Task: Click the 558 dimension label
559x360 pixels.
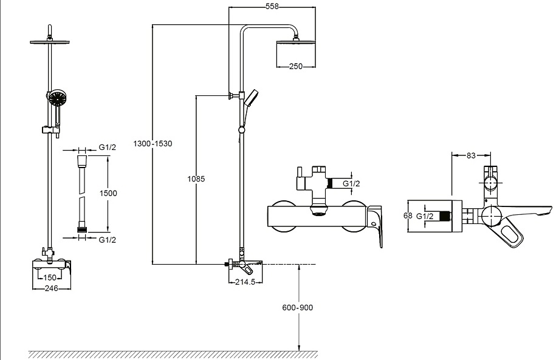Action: pyautogui.click(x=272, y=7)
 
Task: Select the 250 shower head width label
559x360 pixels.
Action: pyautogui.click(x=296, y=66)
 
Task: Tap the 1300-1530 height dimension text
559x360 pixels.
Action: pyautogui.click(x=153, y=143)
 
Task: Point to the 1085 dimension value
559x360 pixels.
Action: pyautogui.click(x=196, y=178)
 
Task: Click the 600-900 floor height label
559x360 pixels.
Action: pyautogui.click(x=298, y=308)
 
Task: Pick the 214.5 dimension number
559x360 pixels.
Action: pyautogui.click(x=245, y=282)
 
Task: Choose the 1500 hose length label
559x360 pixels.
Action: pyautogui.click(x=108, y=193)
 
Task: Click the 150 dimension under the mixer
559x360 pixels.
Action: pyautogui.click(x=50, y=277)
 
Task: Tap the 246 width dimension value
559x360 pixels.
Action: pyautogui.click(x=51, y=288)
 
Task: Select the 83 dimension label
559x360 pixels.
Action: pyautogui.click(x=471, y=155)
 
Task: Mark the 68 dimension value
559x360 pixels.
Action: pyautogui.click(x=408, y=216)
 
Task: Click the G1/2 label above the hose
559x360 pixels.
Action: pyautogui.click(x=108, y=147)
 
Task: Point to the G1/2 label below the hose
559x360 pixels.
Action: pyautogui.click(x=108, y=240)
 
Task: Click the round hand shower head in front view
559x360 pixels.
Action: pyautogui.click(x=57, y=98)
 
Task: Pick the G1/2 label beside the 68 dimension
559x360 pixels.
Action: pyautogui.click(x=425, y=216)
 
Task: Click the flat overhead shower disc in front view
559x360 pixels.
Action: pyautogui.click(x=50, y=42)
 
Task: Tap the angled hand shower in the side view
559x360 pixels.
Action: pyautogui.click(x=250, y=98)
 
